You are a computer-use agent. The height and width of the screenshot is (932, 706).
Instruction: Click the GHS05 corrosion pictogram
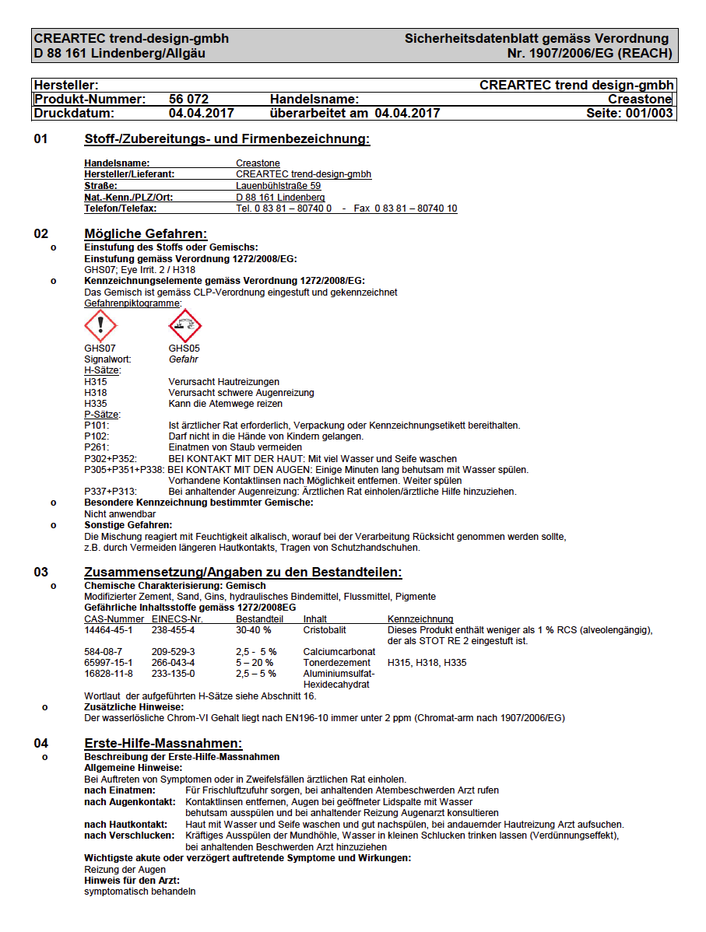(184, 325)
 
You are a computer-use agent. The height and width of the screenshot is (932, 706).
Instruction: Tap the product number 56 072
(188, 100)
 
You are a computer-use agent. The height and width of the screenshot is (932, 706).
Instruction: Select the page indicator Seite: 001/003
(630, 114)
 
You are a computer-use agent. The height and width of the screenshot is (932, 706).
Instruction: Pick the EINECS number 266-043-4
(173, 663)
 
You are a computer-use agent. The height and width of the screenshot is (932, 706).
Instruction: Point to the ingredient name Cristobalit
(325, 630)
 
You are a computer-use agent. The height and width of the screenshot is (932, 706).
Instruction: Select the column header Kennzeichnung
(420, 619)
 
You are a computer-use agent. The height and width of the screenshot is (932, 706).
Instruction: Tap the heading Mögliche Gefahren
(146, 234)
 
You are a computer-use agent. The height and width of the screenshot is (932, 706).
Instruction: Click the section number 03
(40, 573)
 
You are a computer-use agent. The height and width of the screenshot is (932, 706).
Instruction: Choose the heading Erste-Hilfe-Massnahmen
(163, 744)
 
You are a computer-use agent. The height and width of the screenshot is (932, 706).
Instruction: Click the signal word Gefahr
(183, 360)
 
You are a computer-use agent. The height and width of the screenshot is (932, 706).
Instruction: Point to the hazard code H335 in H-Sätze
(96, 404)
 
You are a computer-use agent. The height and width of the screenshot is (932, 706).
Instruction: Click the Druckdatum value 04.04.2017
(201, 114)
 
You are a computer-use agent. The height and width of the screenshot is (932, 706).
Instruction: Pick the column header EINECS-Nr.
(177, 619)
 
